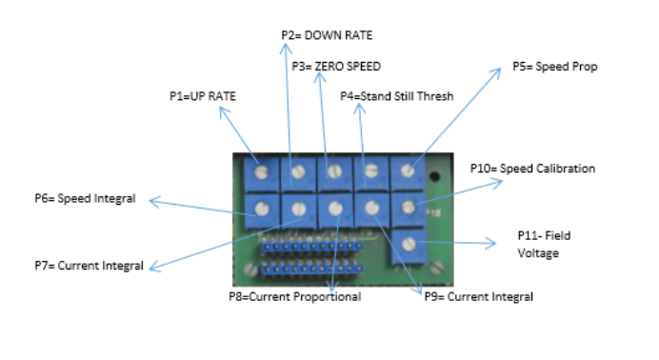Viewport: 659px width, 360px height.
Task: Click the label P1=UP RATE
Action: tap(202, 96)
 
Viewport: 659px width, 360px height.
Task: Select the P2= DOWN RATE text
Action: tap(327, 35)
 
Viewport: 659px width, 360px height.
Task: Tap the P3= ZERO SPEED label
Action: tap(334, 68)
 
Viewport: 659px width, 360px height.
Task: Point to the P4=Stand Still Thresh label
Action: tap(397, 95)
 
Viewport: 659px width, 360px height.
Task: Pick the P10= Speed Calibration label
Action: tap(532, 169)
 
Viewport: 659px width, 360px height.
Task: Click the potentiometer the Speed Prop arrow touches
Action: tap(408, 171)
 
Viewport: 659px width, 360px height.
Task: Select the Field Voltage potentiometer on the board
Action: tap(409, 244)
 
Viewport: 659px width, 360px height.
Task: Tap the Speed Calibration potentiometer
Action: tap(408, 207)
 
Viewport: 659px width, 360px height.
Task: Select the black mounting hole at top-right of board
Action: tap(434, 177)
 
